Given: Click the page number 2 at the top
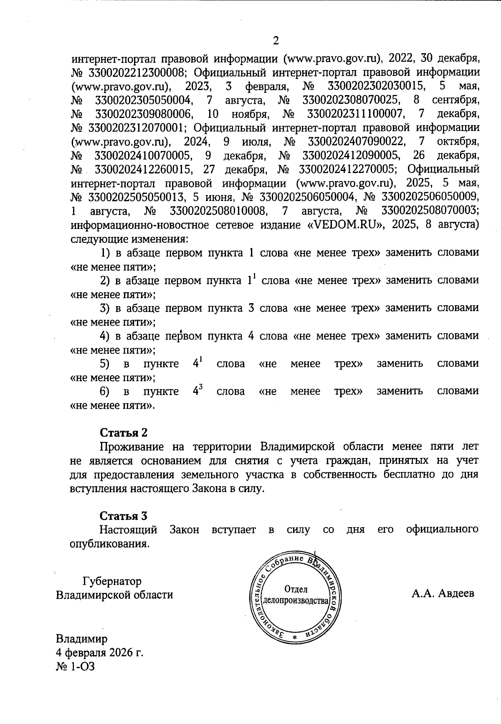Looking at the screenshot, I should coord(275,40).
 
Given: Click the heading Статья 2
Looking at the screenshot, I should coord(124,432).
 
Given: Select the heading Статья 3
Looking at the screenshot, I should coord(124,516).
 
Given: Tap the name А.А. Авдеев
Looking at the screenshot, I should coord(443,593).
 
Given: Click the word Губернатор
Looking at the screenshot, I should coord(112,581).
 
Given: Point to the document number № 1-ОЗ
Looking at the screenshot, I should coord(76,666).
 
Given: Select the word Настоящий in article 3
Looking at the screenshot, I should coord(128,530).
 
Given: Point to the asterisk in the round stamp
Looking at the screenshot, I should coord(294,639).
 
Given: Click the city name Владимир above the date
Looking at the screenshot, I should coord(82,639).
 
